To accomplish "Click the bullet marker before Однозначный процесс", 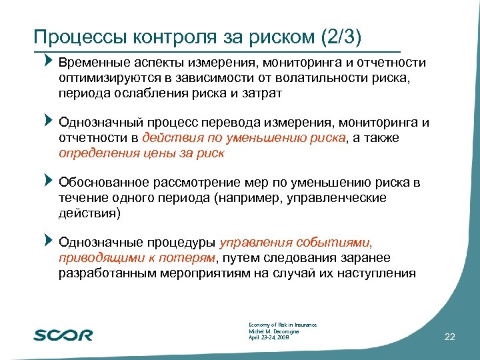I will pyautogui.click(x=47, y=121).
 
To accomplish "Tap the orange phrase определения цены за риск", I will pyautogui.click(x=141, y=153).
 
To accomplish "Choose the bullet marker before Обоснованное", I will pyautogui.click(x=47, y=181).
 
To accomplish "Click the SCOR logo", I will pyautogui.click(x=63, y=335).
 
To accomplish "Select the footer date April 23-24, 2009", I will pyautogui.click(x=269, y=337).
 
